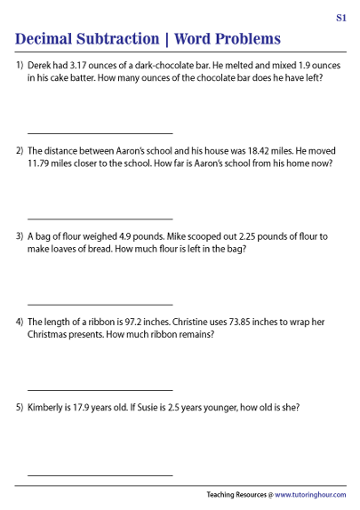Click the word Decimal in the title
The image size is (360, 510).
(52, 39)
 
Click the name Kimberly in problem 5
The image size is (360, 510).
(49, 408)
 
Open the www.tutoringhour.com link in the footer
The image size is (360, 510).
(310, 494)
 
